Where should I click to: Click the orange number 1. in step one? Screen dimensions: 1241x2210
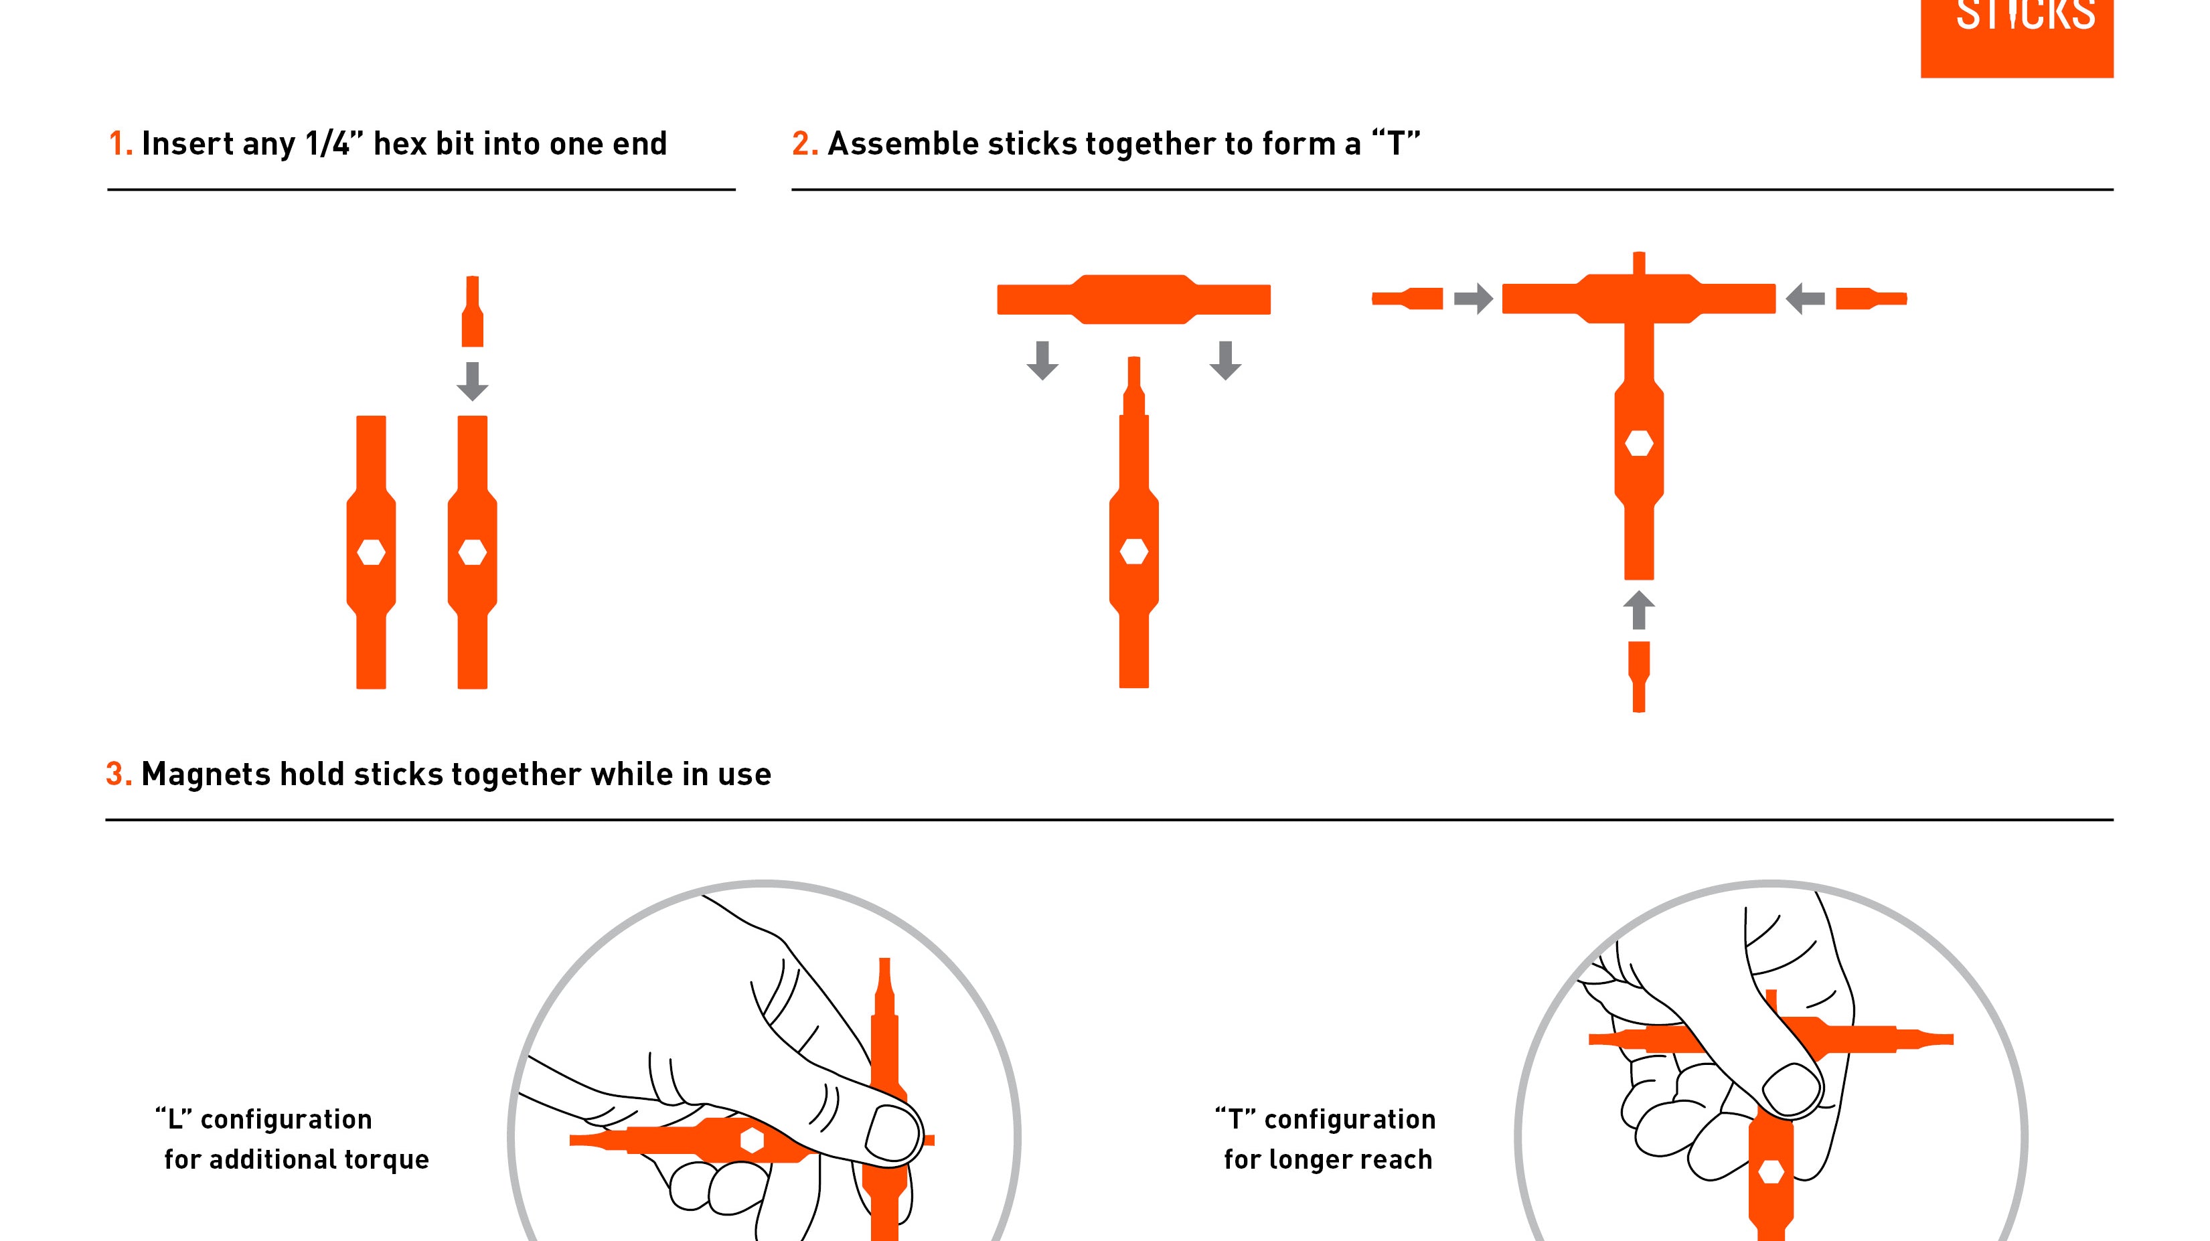point(120,144)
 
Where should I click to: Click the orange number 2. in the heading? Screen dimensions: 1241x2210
point(804,144)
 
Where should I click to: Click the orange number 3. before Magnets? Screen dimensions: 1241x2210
point(119,774)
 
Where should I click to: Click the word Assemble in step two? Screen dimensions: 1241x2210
point(902,144)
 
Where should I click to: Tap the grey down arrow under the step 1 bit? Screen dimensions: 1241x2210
point(472,382)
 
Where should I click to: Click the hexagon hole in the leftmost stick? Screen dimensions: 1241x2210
point(371,552)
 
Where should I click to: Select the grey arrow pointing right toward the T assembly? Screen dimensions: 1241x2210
point(1473,299)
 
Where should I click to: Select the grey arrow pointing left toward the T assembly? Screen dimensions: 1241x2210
point(1805,299)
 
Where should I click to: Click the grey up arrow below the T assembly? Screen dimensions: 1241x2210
point(1639,610)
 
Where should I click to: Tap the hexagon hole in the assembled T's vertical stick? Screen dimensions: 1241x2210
point(1639,443)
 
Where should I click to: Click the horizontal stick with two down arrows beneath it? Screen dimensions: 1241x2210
point(1133,299)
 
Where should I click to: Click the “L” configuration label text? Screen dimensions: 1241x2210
point(263,1119)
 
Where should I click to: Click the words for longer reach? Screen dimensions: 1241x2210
point(1327,1159)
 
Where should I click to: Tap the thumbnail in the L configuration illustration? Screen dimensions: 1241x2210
point(890,1133)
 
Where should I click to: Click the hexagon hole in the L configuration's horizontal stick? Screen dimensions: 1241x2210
point(752,1140)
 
